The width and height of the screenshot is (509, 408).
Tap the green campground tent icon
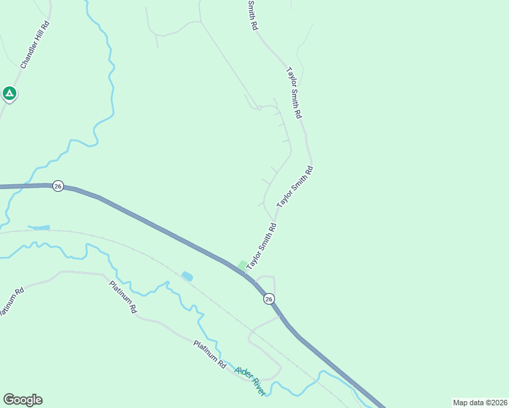coord(10,93)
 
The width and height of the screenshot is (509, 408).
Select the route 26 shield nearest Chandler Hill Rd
coord(59,186)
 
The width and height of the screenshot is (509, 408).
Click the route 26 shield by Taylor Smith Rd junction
coord(269,299)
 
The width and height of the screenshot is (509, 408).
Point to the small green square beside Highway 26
coord(242,265)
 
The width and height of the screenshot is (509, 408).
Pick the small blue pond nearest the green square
coord(187,276)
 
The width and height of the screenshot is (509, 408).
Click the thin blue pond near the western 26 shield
coord(39,227)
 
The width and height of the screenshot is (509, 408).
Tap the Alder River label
coord(250,381)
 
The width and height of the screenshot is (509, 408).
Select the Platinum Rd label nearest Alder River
coord(209,354)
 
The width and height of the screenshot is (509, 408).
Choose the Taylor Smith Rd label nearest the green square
coord(261,245)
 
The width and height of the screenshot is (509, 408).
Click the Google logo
coord(22,400)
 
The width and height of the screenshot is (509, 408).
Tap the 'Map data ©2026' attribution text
coord(479,402)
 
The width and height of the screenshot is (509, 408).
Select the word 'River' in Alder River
coord(257,388)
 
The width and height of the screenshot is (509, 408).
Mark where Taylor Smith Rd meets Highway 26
coord(246,273)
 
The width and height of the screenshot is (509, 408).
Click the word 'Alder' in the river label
coord(242,375)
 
